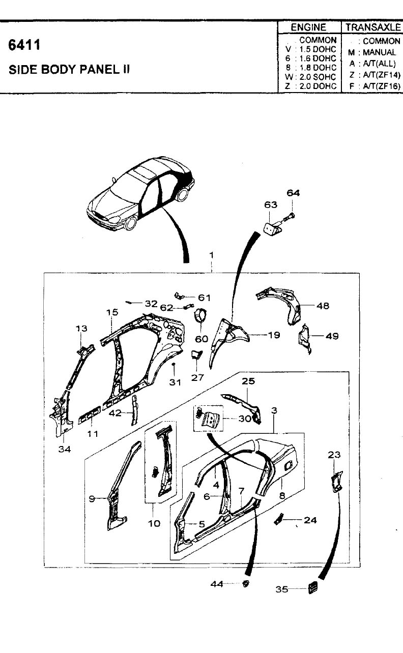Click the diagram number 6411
pos(24,45)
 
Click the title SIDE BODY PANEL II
pos(69,70)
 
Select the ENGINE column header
pos(308,27)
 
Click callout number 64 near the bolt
pos(293,193)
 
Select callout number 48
pos(323,306)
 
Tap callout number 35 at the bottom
pos(282,589)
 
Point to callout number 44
pos(217,584)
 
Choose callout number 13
pos(81,329)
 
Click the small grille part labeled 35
pos(312,588)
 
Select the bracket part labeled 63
pos(272,227)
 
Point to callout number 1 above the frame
pos(211,255)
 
